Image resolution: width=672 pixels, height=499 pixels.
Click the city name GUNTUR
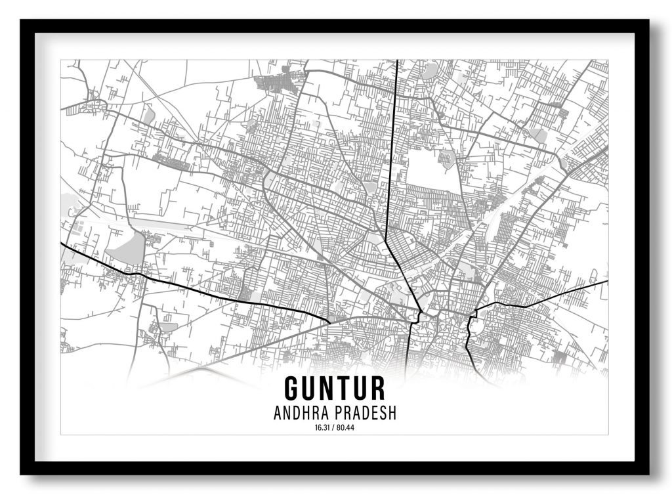(335, 388)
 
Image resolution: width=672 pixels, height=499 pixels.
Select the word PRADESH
(367, 414)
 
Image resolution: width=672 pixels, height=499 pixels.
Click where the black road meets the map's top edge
(398, 61)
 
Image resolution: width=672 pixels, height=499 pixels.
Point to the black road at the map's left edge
(62, 244)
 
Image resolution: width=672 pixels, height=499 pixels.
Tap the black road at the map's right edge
(606, 281)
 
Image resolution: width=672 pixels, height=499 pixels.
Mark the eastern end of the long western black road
(328, 321)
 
